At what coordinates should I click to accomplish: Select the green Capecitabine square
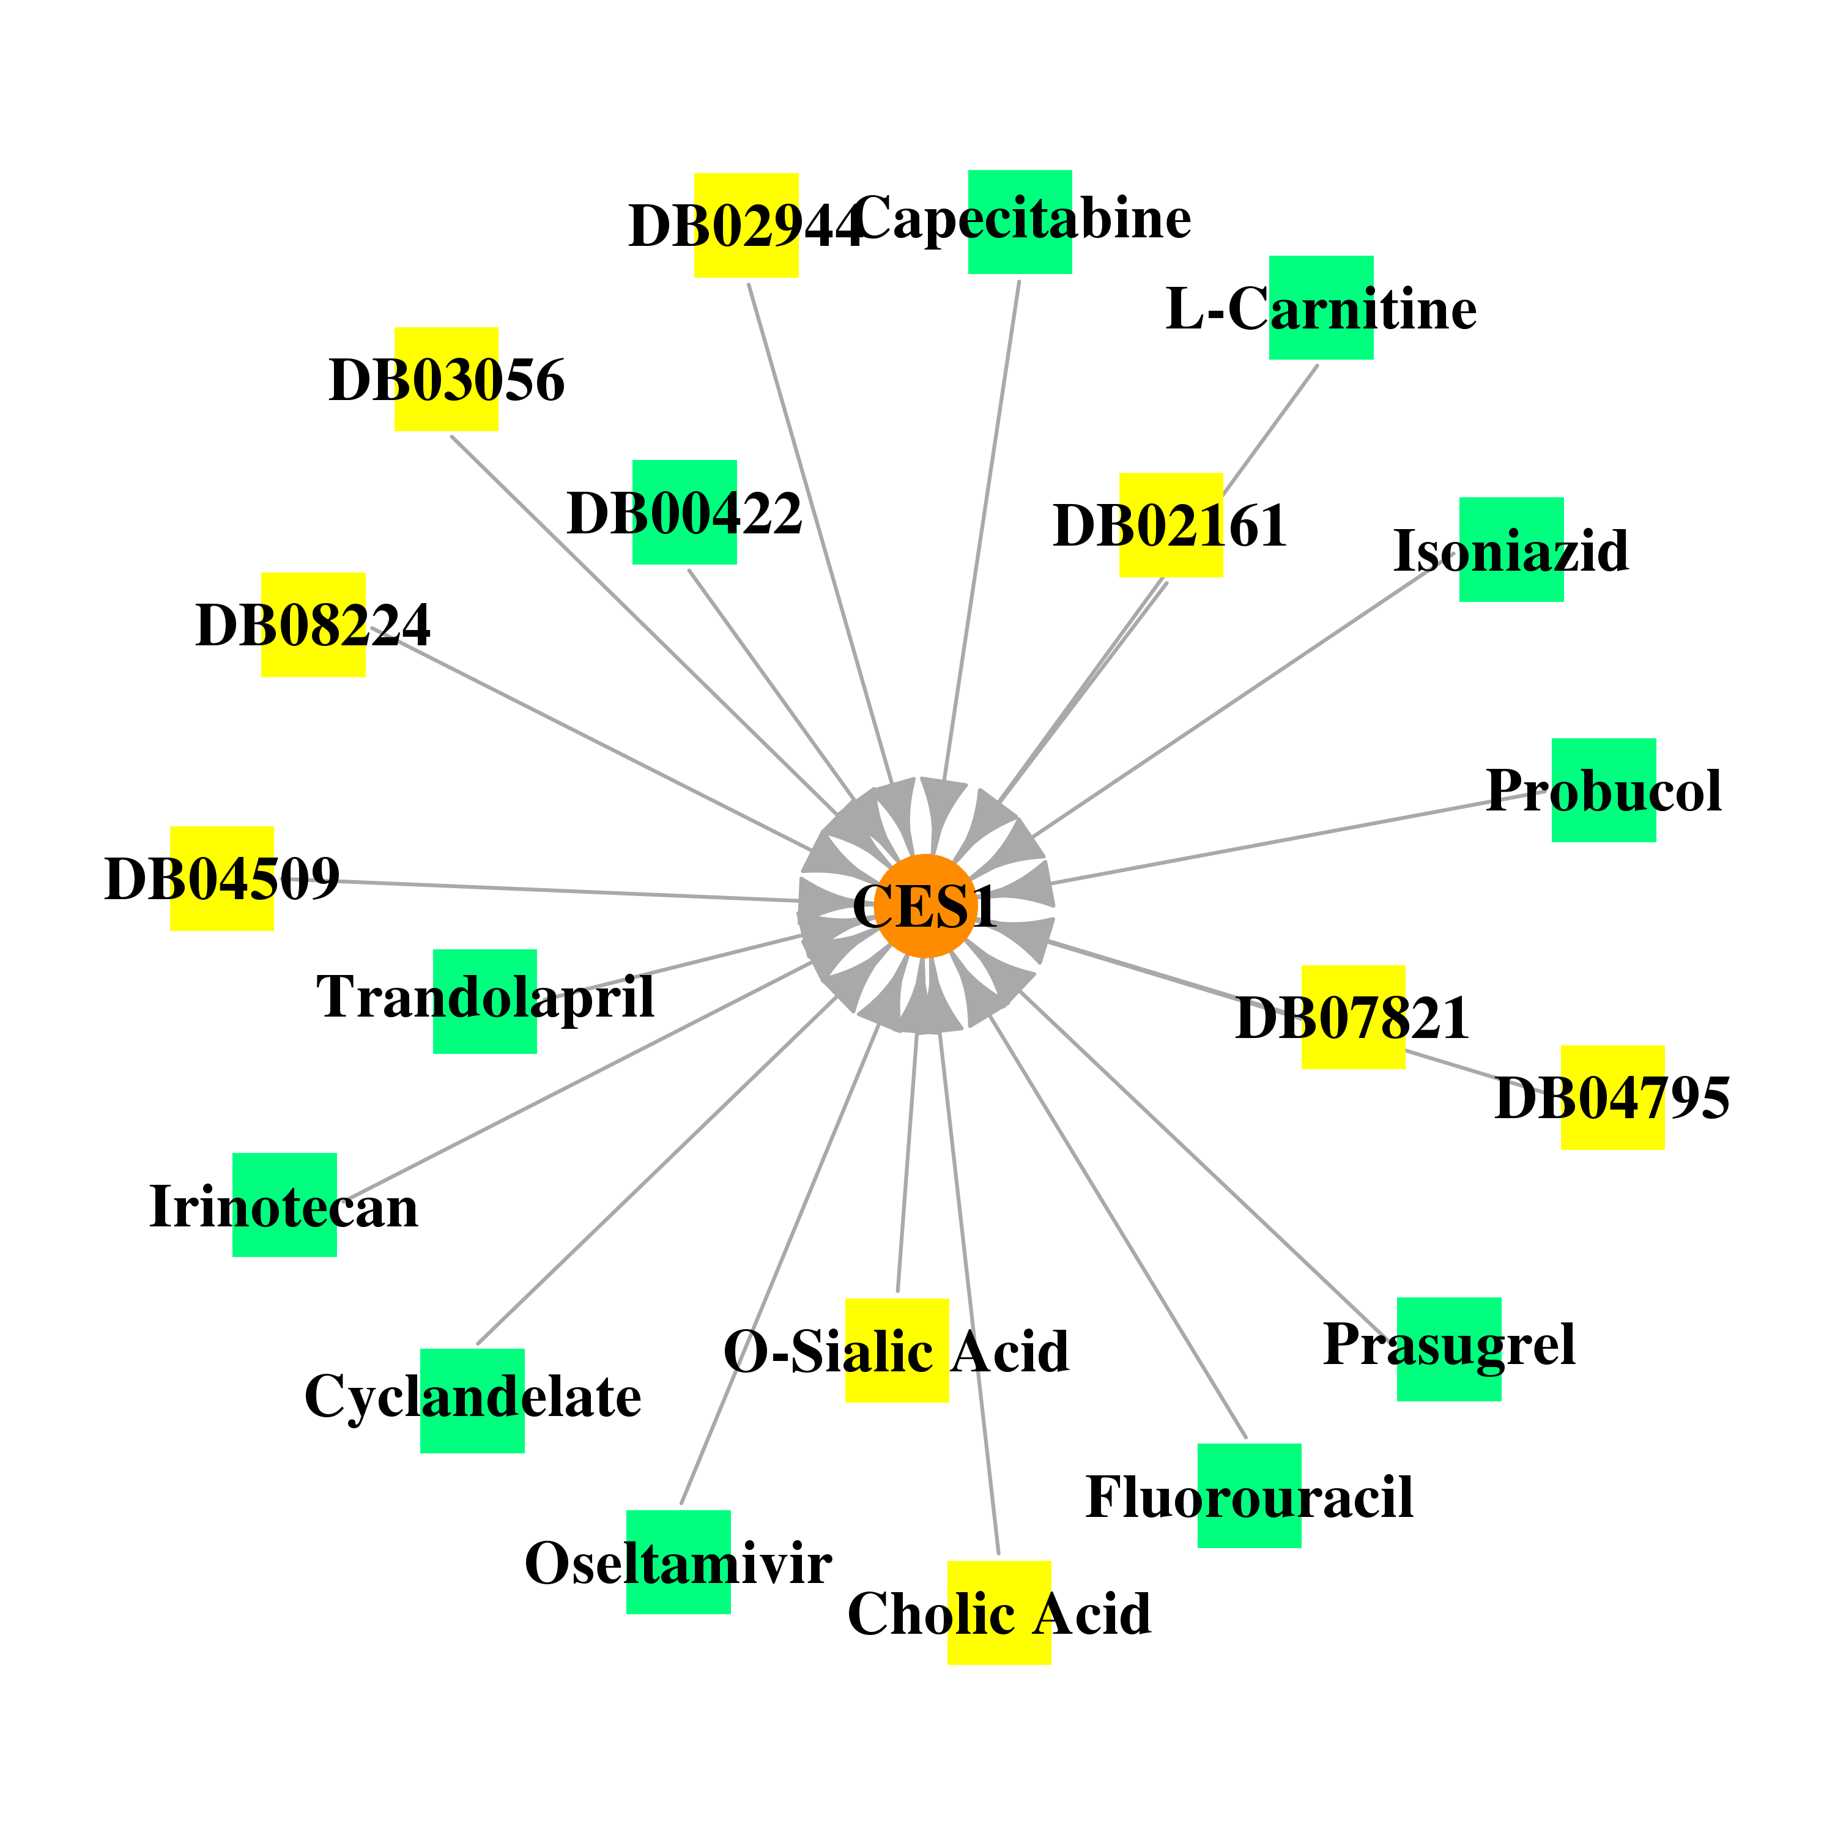[x=1020, y=222]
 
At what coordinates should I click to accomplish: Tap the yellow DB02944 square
[x=746, y=225]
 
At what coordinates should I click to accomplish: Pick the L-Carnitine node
[x=1321, y=308]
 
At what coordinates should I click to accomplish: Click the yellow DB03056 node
[x=447, y=379]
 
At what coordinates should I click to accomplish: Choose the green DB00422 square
[x=685, y=512]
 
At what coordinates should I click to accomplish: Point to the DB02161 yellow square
[x=1171, y=524]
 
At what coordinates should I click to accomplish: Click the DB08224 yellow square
[x=313, y=625]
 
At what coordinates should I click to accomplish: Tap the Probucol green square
[x=1604, y=790]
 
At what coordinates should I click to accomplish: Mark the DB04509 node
[x=222, y=878]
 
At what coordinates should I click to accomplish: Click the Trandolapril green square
[x=485, y=1001]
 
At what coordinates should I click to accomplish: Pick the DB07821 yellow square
[x=1354, y=1017]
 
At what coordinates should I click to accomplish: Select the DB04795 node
[x=1614, y=1098]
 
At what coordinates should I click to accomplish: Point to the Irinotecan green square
[x=285, y=1205]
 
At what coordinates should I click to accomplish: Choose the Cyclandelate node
[x=473, y=1401]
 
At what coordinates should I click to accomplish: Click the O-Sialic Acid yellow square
[x=897, y=1351]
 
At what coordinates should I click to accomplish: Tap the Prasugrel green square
[x=1450, y=1350]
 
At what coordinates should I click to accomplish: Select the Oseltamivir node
[x=679, y=1562]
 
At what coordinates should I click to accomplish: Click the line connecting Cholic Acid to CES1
[x=969, y=1294]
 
